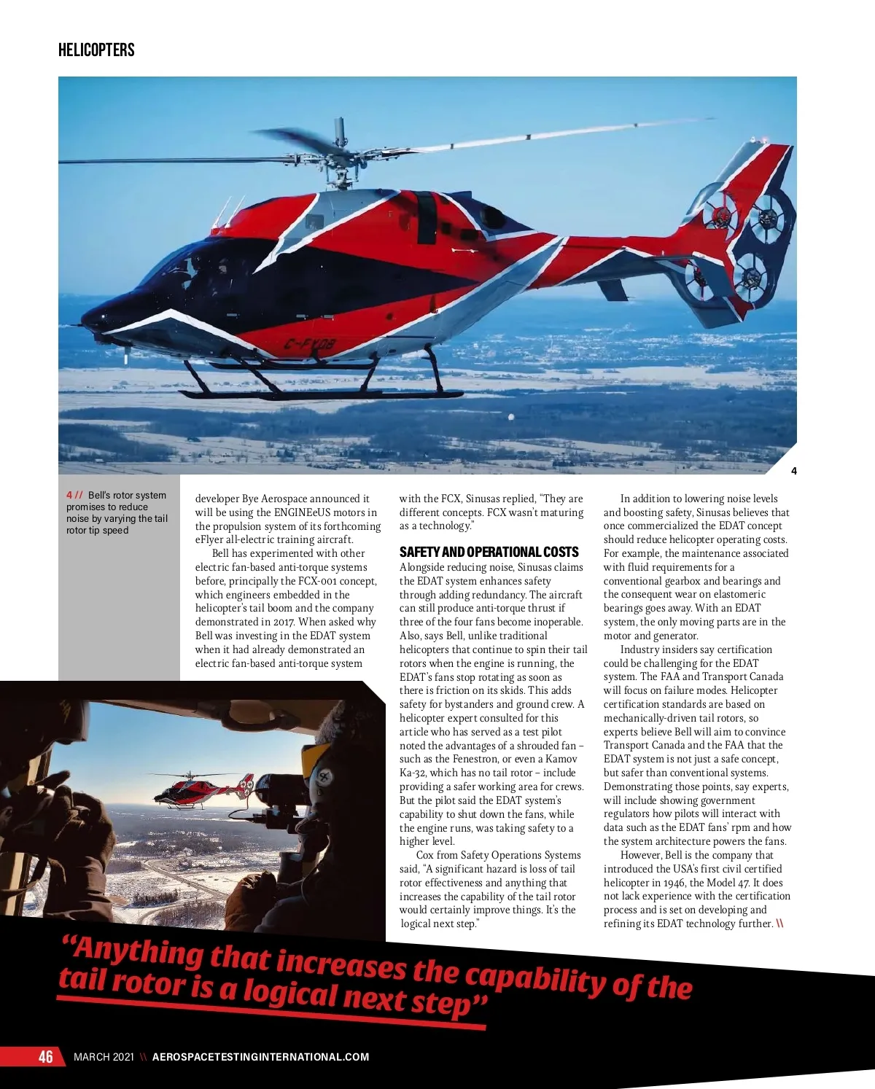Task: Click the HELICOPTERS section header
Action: coord(96,50)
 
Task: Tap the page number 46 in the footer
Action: coord(46,1056)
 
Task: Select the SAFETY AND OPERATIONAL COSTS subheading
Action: coord(489,552)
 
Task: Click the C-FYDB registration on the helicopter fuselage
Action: coord(309,345)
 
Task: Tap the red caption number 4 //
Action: coord(74,495)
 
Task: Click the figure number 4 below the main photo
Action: coord(794,471)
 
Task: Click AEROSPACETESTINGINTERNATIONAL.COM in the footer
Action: coord(260,1057)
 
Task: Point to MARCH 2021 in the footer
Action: coord(104,1057)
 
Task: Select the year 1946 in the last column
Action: coord(674,883)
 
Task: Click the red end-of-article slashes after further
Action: coord(780,924)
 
